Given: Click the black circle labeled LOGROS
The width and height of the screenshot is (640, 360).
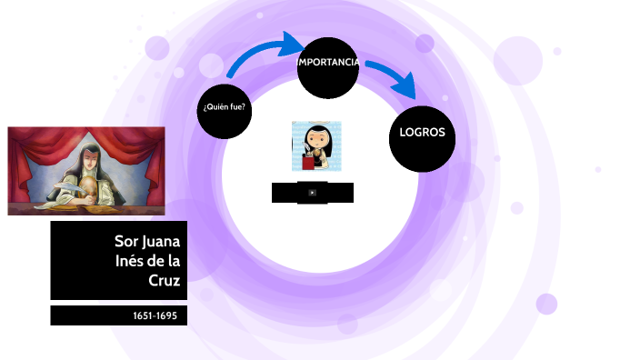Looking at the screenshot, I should click(422, 134).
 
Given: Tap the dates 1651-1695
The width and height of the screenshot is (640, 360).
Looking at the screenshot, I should click(155, 316).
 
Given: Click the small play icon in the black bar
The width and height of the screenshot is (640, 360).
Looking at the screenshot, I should click(312, 193).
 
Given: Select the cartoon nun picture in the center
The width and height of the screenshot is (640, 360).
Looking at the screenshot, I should click(315, 146).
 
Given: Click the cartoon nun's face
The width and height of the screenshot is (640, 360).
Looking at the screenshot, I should click(317, 142).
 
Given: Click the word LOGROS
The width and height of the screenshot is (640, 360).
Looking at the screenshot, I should click(422, 133).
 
